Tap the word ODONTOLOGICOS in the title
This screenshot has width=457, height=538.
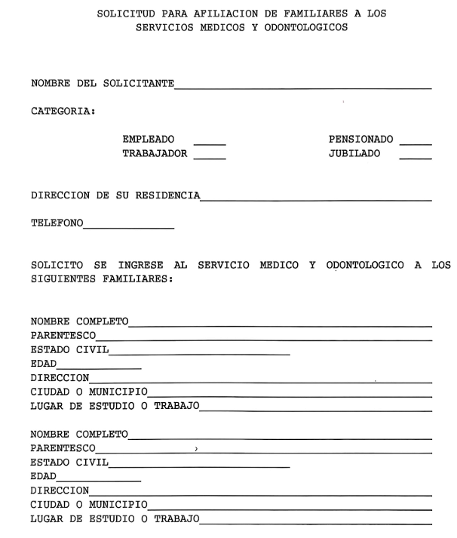[x=310, y=28]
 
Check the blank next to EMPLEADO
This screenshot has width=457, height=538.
[x=210, y=143]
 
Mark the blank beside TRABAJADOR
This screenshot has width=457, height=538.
[x=210, y=157]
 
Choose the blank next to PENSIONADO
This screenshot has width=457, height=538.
[x=416, y=143]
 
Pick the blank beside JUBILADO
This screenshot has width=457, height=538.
[x=416, y=157]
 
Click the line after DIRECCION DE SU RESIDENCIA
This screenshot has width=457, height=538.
[x=316, y=200]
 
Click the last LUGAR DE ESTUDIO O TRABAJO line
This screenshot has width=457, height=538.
[x=316, y=523]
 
